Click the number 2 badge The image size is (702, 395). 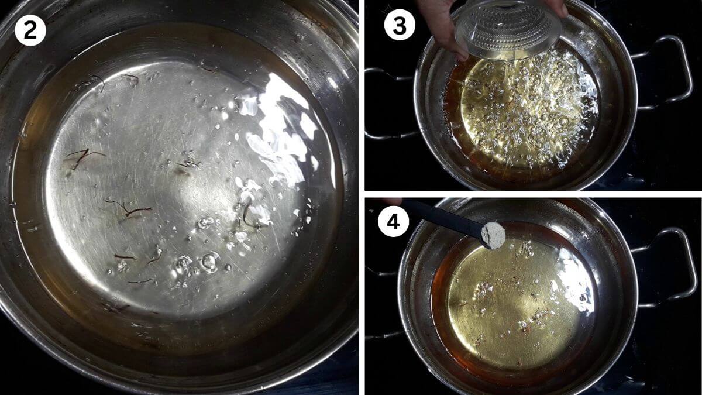[x=30, y=30]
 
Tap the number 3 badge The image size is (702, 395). [x=400, y=25]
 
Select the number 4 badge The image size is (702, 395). [x=393, y=222]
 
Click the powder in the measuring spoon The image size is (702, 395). [x=493, y=235]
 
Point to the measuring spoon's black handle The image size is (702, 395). [x=442, y=217]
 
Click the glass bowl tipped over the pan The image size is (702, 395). [x=508, y=30]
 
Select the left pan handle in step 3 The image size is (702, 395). [x=388, y=104]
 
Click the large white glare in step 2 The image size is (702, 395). [x=282, y=132]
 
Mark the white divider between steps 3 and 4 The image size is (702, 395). [x=533, y=194]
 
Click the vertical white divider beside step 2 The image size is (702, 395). [x=362, y=198]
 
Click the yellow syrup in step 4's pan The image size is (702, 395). [x=514, y=307]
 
